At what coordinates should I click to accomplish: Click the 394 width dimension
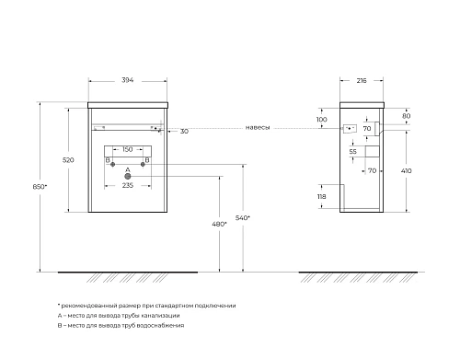tap(128, 80)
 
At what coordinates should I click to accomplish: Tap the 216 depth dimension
tap(362, 80)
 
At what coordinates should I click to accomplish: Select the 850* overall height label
tap(40, 186)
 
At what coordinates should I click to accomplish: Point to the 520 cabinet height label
tap(68, 160)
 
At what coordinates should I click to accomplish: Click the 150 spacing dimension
tap(128, 149)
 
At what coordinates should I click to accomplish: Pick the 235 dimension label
tap(128, 185)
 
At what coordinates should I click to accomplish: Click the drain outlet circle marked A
tap(128, 176)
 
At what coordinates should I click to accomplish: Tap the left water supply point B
tap(112, 164)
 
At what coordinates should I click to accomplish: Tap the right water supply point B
tap(143, 164)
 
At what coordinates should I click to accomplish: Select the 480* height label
tap(219, 224)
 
